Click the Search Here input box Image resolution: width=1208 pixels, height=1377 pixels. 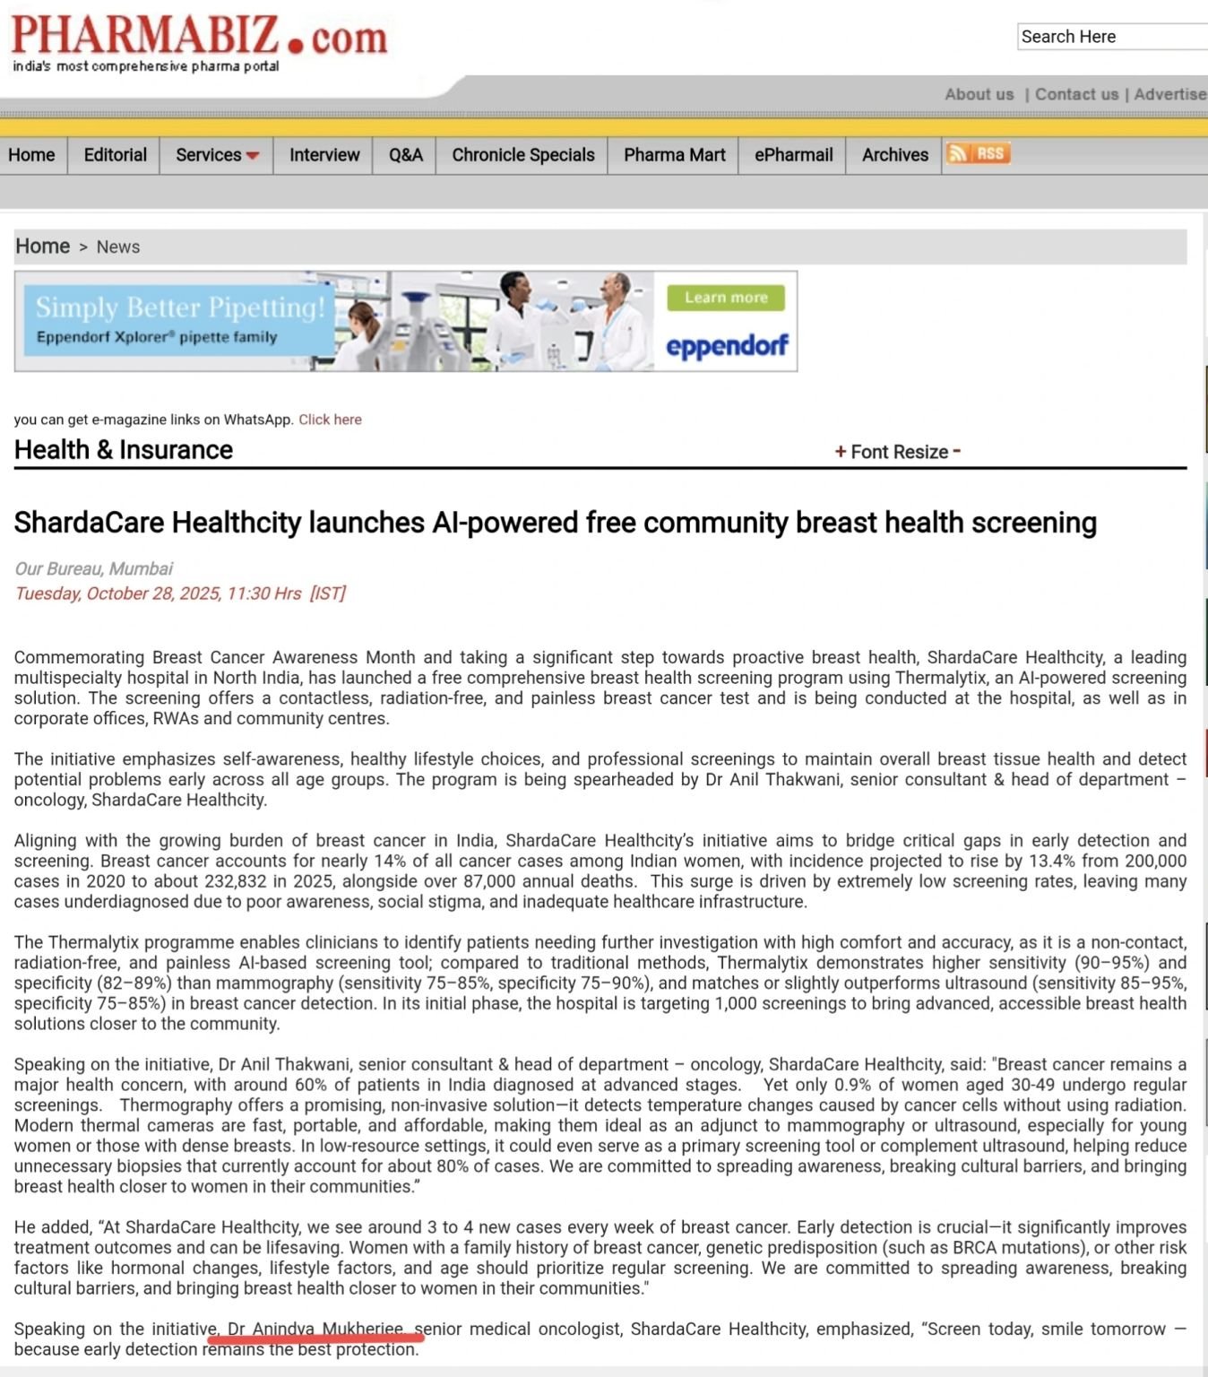pos(1112,37)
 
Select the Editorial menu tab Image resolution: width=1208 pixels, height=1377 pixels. pos(115,155)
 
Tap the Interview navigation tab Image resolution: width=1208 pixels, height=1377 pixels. pos(324,155)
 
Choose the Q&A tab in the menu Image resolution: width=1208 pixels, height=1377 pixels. pos(405,155)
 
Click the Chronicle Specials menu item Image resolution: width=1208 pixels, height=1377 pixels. pos(522,155)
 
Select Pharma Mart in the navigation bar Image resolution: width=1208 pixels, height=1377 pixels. pos(674,155)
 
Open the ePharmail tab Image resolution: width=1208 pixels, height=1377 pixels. pos(793,155)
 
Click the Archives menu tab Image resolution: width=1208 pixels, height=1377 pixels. pos(894,155)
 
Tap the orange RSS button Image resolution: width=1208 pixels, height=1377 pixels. pos(978,153)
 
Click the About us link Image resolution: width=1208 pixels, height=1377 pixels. pos(979,94)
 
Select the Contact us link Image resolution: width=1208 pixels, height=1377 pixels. pos(1076,94)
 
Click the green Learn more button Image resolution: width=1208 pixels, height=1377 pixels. pos(726,298)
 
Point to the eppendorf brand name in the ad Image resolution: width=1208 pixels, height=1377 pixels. pos(727,346)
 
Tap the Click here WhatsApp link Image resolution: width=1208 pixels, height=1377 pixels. pos(330,420)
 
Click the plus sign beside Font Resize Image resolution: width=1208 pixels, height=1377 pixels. pos(841,452)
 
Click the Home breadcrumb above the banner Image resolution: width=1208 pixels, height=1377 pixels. pos(42,247)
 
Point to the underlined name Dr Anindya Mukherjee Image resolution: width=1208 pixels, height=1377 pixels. pos(315,1329)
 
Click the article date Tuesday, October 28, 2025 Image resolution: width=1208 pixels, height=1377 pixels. pos(159,593)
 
